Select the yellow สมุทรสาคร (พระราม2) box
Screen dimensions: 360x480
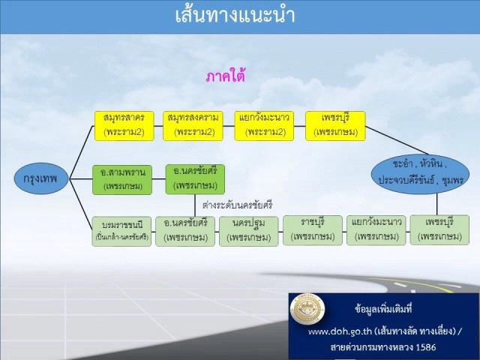pyautogui.click(x=124, y=125)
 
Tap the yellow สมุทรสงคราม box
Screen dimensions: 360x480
pyautogui.click(x=193, y=125)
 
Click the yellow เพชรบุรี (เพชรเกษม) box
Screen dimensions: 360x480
pyautogui.click(x=335, y=125)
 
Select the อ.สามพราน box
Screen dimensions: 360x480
pyautogui.click(x=122, y=179)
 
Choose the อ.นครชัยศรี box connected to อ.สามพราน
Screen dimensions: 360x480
pyautogui.click(x=194, y=178)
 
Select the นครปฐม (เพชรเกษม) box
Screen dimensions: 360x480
pyautogui.click(x=249, y=231)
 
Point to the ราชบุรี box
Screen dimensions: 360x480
pyautogui.click(x=313, y=230)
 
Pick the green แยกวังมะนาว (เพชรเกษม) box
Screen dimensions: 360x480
pyautogui.click(x=376, y=230)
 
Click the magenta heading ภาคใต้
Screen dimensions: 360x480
pyautogui.click(x=226, y=76)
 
